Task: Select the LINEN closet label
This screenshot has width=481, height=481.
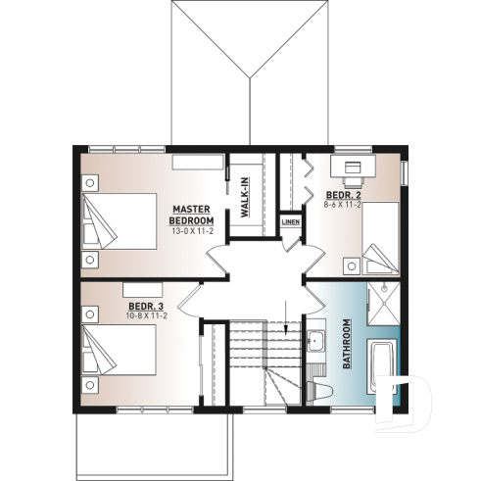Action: [x=291, y=222]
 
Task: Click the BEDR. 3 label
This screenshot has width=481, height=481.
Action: [x=146, y=306]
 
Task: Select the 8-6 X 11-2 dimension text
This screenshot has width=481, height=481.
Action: [x=343, y=206]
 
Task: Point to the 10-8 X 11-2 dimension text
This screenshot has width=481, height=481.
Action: [x=147, y=315]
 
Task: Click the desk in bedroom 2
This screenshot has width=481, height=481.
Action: [x=350, y=168]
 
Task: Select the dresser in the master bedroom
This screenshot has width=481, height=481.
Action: [x=200, y=161]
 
